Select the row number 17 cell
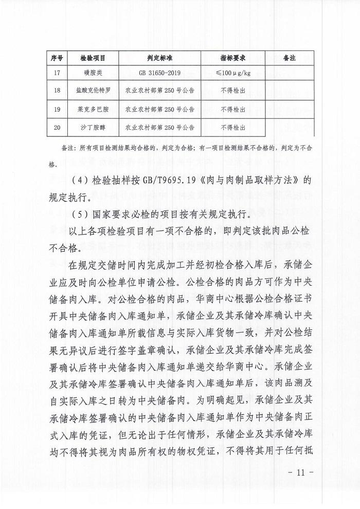pyautogui.click(x=57, y=73)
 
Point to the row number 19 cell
pyautogui.click(x=57, y=109)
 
